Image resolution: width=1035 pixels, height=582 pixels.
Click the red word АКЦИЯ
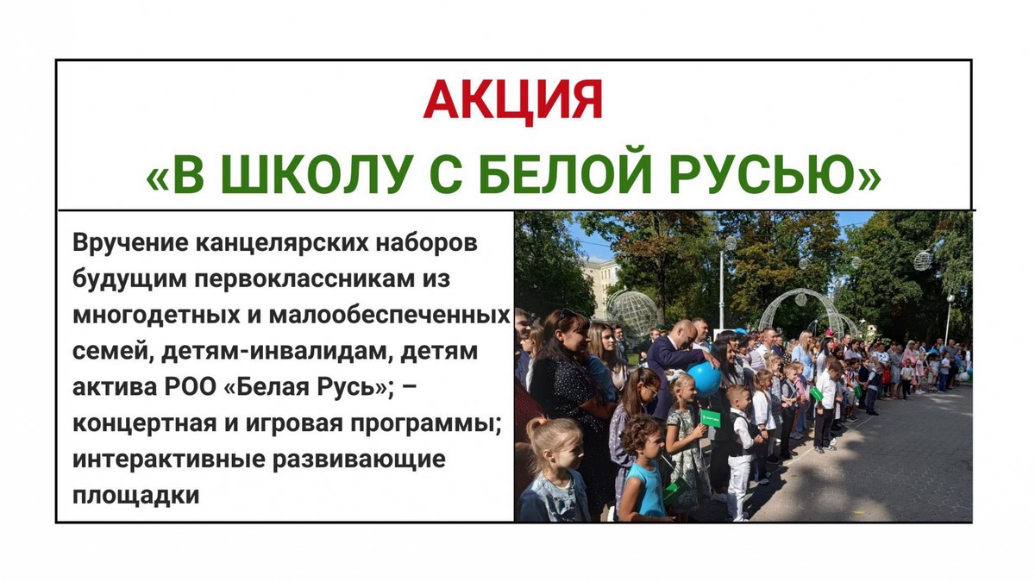pyautogui.click(x=513, y=101)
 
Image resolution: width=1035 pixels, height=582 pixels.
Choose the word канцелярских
pyautogui.click(x=282, y=243)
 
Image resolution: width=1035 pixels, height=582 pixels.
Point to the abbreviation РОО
pyautogui.click(x=191, y=387)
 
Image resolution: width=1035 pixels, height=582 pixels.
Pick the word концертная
pyautogui.click(x=145, y=423)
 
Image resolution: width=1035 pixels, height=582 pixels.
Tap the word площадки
pyautogui.click(x=136, y=495)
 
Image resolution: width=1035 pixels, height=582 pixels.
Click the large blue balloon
pyautogui.click(x=704, y=379)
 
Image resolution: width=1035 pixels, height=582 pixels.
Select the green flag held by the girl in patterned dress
pyautogui.click(x=710, y=418)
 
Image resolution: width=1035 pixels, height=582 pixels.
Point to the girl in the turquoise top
pyautogui.click(x=643, y=469)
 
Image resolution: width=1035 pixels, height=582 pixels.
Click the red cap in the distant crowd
pyautogui.click(x=830, y=333)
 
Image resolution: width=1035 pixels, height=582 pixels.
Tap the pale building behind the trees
pyautogui.click(x=600, y=282)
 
